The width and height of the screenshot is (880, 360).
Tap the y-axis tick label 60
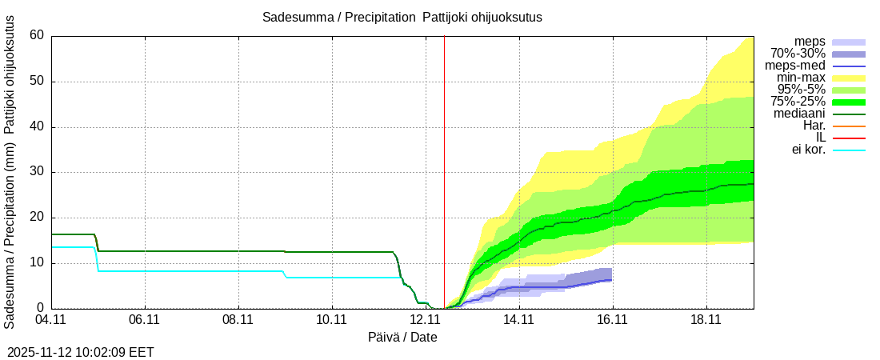[36, 35]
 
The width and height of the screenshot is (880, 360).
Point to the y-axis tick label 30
[36, 172]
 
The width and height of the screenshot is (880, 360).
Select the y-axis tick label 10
[36, 263]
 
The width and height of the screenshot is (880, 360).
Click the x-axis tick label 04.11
[51, 320]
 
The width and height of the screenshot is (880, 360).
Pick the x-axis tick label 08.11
[238, 320]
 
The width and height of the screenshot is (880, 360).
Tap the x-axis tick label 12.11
[425, 320]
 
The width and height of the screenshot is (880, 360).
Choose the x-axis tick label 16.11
[612, 320]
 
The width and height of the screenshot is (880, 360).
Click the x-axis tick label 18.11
[706, 320]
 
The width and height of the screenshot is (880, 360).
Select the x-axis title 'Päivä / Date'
[402, 338]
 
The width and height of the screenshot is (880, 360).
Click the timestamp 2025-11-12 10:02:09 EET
[81, 352]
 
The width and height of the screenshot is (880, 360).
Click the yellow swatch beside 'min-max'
[849, 78]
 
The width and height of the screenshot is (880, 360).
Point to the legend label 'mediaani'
[799, 114]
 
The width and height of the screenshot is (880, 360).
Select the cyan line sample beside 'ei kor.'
[849, 150]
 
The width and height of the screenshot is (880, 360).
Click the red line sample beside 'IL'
[849, 138]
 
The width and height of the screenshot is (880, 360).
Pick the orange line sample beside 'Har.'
[849, 126]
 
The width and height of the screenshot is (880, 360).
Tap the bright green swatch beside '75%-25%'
[849, 102]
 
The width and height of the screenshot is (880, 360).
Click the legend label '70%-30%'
[798, 54]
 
